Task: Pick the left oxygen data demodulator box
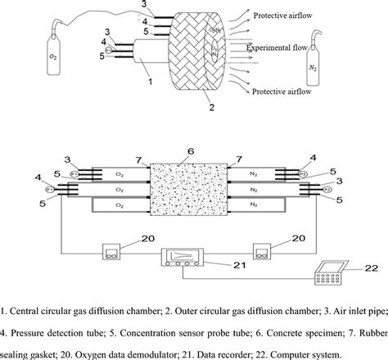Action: (111, 250)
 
